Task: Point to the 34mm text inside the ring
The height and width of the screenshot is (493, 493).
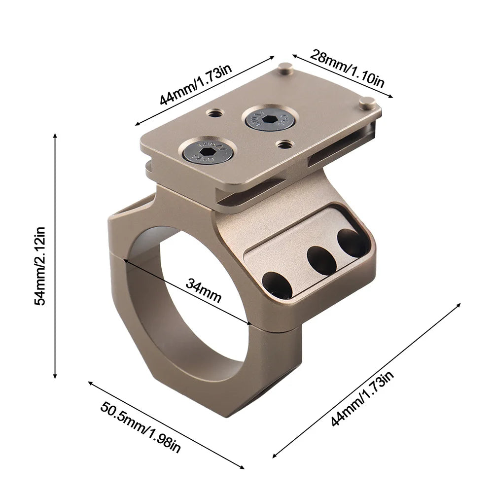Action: tap(204, 290)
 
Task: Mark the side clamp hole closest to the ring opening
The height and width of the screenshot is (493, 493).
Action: tap(277, 284)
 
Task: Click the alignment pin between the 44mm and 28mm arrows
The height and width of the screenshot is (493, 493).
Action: tap(285, 68)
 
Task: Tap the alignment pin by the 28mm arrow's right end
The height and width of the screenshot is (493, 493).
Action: tap(367, 103)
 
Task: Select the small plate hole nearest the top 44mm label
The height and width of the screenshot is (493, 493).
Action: tap(214, 114)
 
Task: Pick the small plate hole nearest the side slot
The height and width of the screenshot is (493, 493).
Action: tap(283, 144)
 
